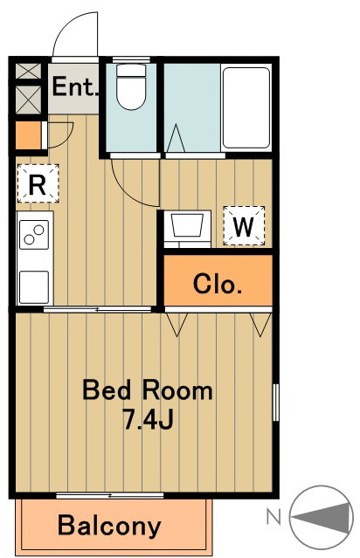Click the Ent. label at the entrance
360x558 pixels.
click(x=75, y=86)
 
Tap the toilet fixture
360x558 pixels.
click(x=131, y=86)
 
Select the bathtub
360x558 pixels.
click(x=246, y=107)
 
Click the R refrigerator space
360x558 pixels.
click(x=38, y=183)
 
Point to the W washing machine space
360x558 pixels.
click(x=244, y=225)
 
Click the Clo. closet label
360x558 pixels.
click(x=218, y=284)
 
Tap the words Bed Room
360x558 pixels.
click(x=148, y=390)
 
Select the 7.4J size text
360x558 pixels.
click(x=148, y=418)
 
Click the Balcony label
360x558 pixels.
click(x=109, y=526)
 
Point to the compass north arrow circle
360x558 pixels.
click(x=322, y=516)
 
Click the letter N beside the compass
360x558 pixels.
click(x=273, y=517)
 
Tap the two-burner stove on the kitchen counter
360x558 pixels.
click(x=34, y=235)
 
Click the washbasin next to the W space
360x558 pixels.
click(x=187, y=229)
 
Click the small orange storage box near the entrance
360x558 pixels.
click(x=29, y=135)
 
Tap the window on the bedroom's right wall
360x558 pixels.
click(x=275, y=403)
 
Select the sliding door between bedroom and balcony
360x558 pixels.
click(x=110, y=495)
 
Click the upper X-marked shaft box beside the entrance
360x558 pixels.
click(x=29, y=71)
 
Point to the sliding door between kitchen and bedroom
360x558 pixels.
click(x=98, y=310)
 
